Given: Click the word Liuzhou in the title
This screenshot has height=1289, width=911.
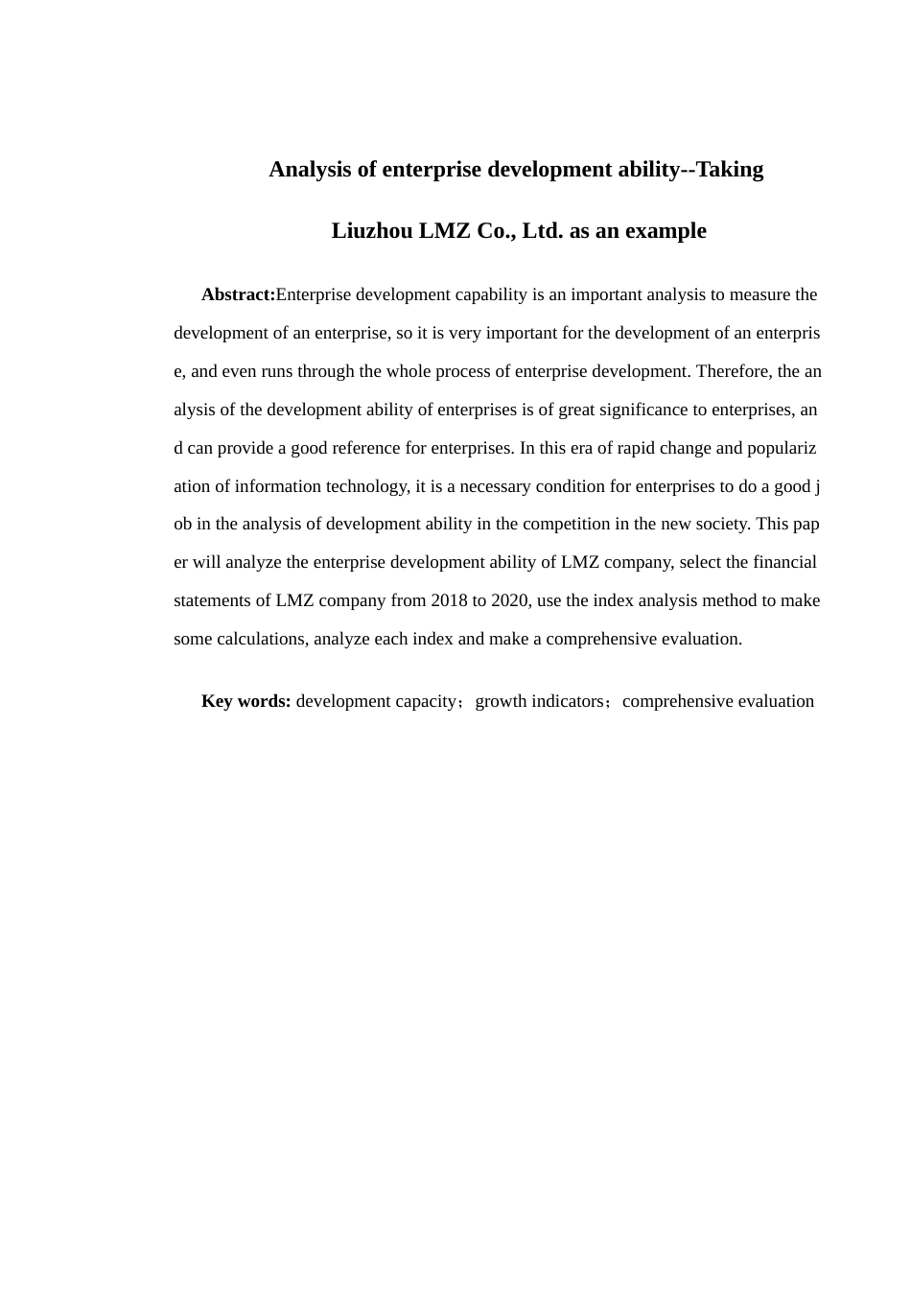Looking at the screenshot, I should pos(372,231).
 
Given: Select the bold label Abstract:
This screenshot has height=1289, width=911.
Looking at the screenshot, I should pos(238,294).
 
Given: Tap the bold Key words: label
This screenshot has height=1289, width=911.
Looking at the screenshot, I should pos(245,701).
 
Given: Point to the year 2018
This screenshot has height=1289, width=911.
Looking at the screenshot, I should pos(450,600).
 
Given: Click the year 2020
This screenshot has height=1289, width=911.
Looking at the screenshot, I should pos(510,600).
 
